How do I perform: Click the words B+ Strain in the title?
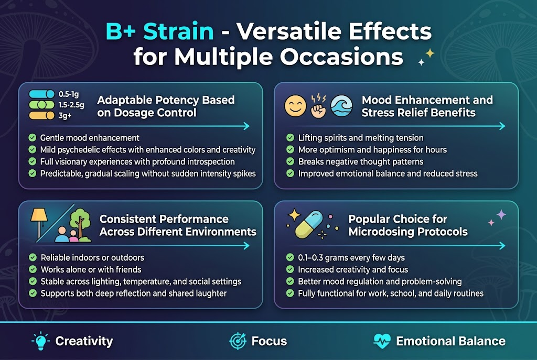(x=159, y=31)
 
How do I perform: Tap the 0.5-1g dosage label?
(x=68, y=93)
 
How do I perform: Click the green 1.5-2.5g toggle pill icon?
(x=41, y=104)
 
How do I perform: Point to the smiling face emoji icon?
(x=295, y=106)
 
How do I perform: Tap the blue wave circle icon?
(x=343, y=106)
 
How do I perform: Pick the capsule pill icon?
(x=310, y=225)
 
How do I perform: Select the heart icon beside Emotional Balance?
(x=382, y=341)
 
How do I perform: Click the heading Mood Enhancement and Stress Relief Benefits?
(x=427, y=106)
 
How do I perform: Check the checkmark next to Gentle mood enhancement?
(x=33, y=138)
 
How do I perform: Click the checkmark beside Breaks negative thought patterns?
(x=290, y=161)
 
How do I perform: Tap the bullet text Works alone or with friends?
(x=91, y=269)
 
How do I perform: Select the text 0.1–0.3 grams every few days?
(x=351, y=257)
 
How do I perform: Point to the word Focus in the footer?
(x=269, y=341)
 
